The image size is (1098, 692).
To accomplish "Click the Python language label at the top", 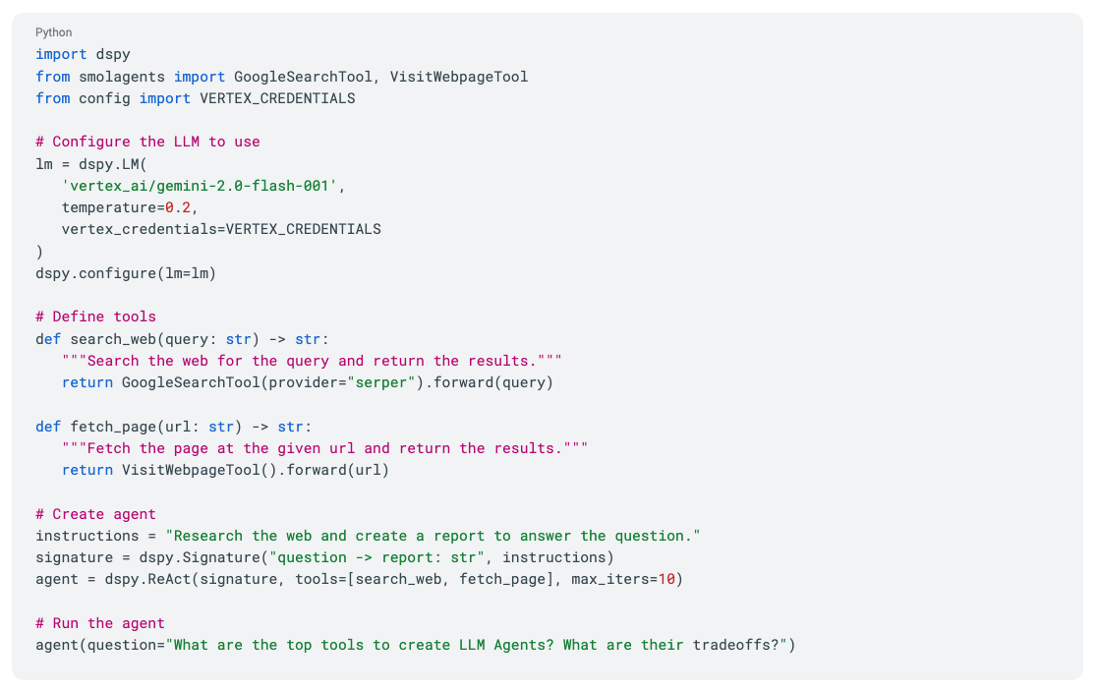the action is pyautogui.click(x=53, y=32).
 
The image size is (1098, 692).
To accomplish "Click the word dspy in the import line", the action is pyautogui.click(x=113, y=55).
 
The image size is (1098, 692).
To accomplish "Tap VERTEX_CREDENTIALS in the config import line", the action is pyautogui.click(x=277, y=98).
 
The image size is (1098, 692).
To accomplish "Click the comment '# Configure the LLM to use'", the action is pyautogui.click(x=147, y=142).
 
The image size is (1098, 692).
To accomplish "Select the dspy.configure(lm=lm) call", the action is pyautogui.click(x=126, y=273).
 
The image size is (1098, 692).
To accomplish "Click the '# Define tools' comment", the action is pyautogui.click(x=95, y=317).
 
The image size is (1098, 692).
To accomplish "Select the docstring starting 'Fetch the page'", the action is pyautogui.click(x=324, y=448).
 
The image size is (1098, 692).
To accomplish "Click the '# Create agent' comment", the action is pyautogui.click(x=95, y=514).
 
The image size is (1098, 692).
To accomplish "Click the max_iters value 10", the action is pyautogui.click(x=665, y=579).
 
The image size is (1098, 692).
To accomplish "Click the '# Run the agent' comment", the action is pyautogui.click(x=100, y=623).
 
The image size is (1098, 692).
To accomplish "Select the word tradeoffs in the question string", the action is pyautogui.click(x=731, y=645).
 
